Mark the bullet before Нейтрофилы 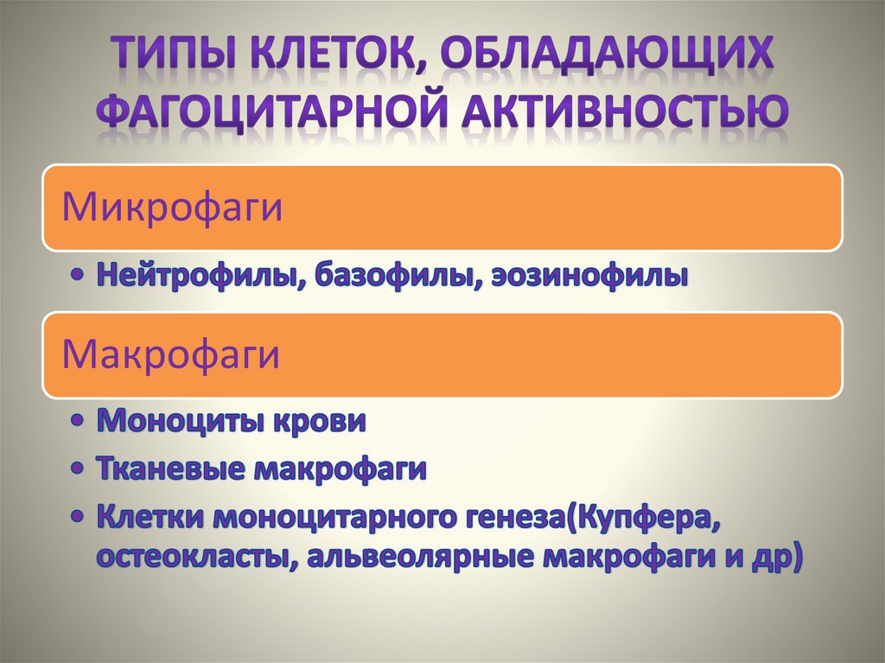pyautogui.click(x=80, y=276)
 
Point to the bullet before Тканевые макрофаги pyautogui.click(x=80, y=470)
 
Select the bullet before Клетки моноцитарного pyautogui.click(x=80, y=519)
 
